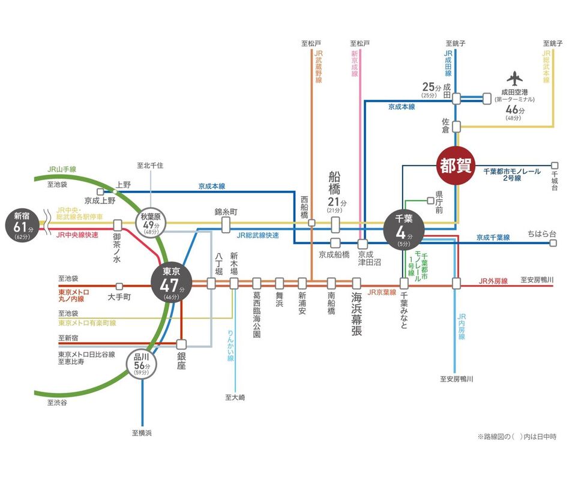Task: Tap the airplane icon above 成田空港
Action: point(514,79)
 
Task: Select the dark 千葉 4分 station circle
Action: point(403,228)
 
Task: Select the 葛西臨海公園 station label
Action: point(257,315)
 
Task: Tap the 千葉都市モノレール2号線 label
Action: point(510,175)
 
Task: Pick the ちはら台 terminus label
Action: point(542,233)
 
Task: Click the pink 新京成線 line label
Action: point(355,68)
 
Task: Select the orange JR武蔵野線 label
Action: point(319,67)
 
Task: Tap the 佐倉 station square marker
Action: point(456,127)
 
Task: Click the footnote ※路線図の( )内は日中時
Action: point(516,436)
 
